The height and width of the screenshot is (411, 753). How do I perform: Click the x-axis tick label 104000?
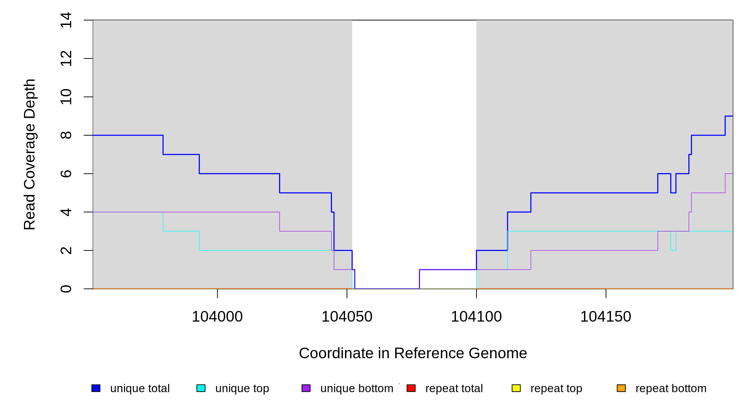point(217,317)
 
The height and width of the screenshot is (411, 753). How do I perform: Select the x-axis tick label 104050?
point(347,317)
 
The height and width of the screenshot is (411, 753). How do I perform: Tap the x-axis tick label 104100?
point(476,317)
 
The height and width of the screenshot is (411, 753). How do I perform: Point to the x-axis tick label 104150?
point(605,317)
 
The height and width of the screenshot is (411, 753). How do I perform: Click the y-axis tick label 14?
point(66,20)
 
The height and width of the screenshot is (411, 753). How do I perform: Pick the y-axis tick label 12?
point(66,58)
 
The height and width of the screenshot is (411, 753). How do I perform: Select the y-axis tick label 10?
point(66,97)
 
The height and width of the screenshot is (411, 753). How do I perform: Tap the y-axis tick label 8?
point(66,135)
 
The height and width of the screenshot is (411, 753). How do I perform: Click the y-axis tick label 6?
point(66,174)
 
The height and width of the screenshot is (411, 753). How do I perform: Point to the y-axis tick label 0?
point(66,289)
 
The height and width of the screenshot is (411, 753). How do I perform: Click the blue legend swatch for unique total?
point(96,388)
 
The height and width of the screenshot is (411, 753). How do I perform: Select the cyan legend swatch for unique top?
point(201,388)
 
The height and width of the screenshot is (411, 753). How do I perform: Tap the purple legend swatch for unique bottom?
point(306,388)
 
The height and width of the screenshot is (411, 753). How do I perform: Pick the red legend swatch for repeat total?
point(411,388)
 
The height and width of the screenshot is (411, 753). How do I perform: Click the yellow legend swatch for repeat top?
point(516,388)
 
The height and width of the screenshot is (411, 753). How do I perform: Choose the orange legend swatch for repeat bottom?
point(621,388)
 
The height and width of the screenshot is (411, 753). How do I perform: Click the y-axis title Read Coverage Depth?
point(30,154)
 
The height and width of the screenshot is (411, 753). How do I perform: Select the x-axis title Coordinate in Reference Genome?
point(413,353)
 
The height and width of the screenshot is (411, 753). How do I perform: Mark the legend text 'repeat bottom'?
point(671,388)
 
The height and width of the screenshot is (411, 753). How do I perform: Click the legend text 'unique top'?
point(242,389)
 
